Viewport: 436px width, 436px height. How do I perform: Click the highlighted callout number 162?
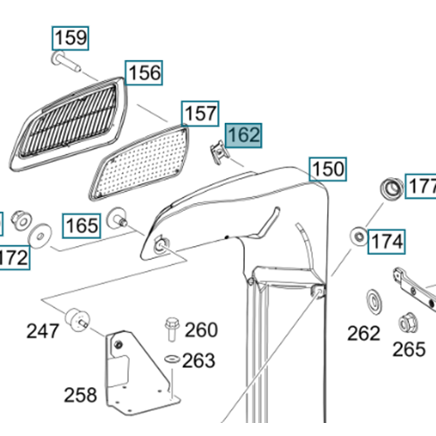coord(243,135)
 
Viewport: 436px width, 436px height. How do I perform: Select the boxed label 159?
coord(71,38)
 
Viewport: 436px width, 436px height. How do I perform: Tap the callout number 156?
coord(144,73)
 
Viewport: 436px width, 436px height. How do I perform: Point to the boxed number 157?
coord(201,113)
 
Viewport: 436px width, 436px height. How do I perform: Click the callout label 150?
coord(328,169)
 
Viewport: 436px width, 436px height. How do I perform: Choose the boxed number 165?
coord(82,226)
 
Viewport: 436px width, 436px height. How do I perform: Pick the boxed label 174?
coord(386,242)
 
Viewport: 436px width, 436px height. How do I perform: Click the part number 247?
coord(43,331)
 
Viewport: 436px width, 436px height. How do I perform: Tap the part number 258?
coord(80,395)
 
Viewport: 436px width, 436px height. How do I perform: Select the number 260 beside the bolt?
coord(201,330)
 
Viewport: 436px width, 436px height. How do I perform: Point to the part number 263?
coord(199,361)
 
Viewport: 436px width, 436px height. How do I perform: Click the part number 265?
coord(409,350)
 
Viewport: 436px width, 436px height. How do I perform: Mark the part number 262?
coord(364,333)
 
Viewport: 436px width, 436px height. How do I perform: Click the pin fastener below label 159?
coord(66,60)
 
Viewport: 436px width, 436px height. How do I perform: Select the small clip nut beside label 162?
coord(220,152)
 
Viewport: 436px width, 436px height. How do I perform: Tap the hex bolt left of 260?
coord(172,329)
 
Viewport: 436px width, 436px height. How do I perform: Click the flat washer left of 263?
coord(172,358)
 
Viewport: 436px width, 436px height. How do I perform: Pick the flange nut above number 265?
coord(408,323)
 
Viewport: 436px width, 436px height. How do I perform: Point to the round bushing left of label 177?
coord(392,188)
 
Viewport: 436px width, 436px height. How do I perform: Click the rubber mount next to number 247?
coord(77,319)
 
